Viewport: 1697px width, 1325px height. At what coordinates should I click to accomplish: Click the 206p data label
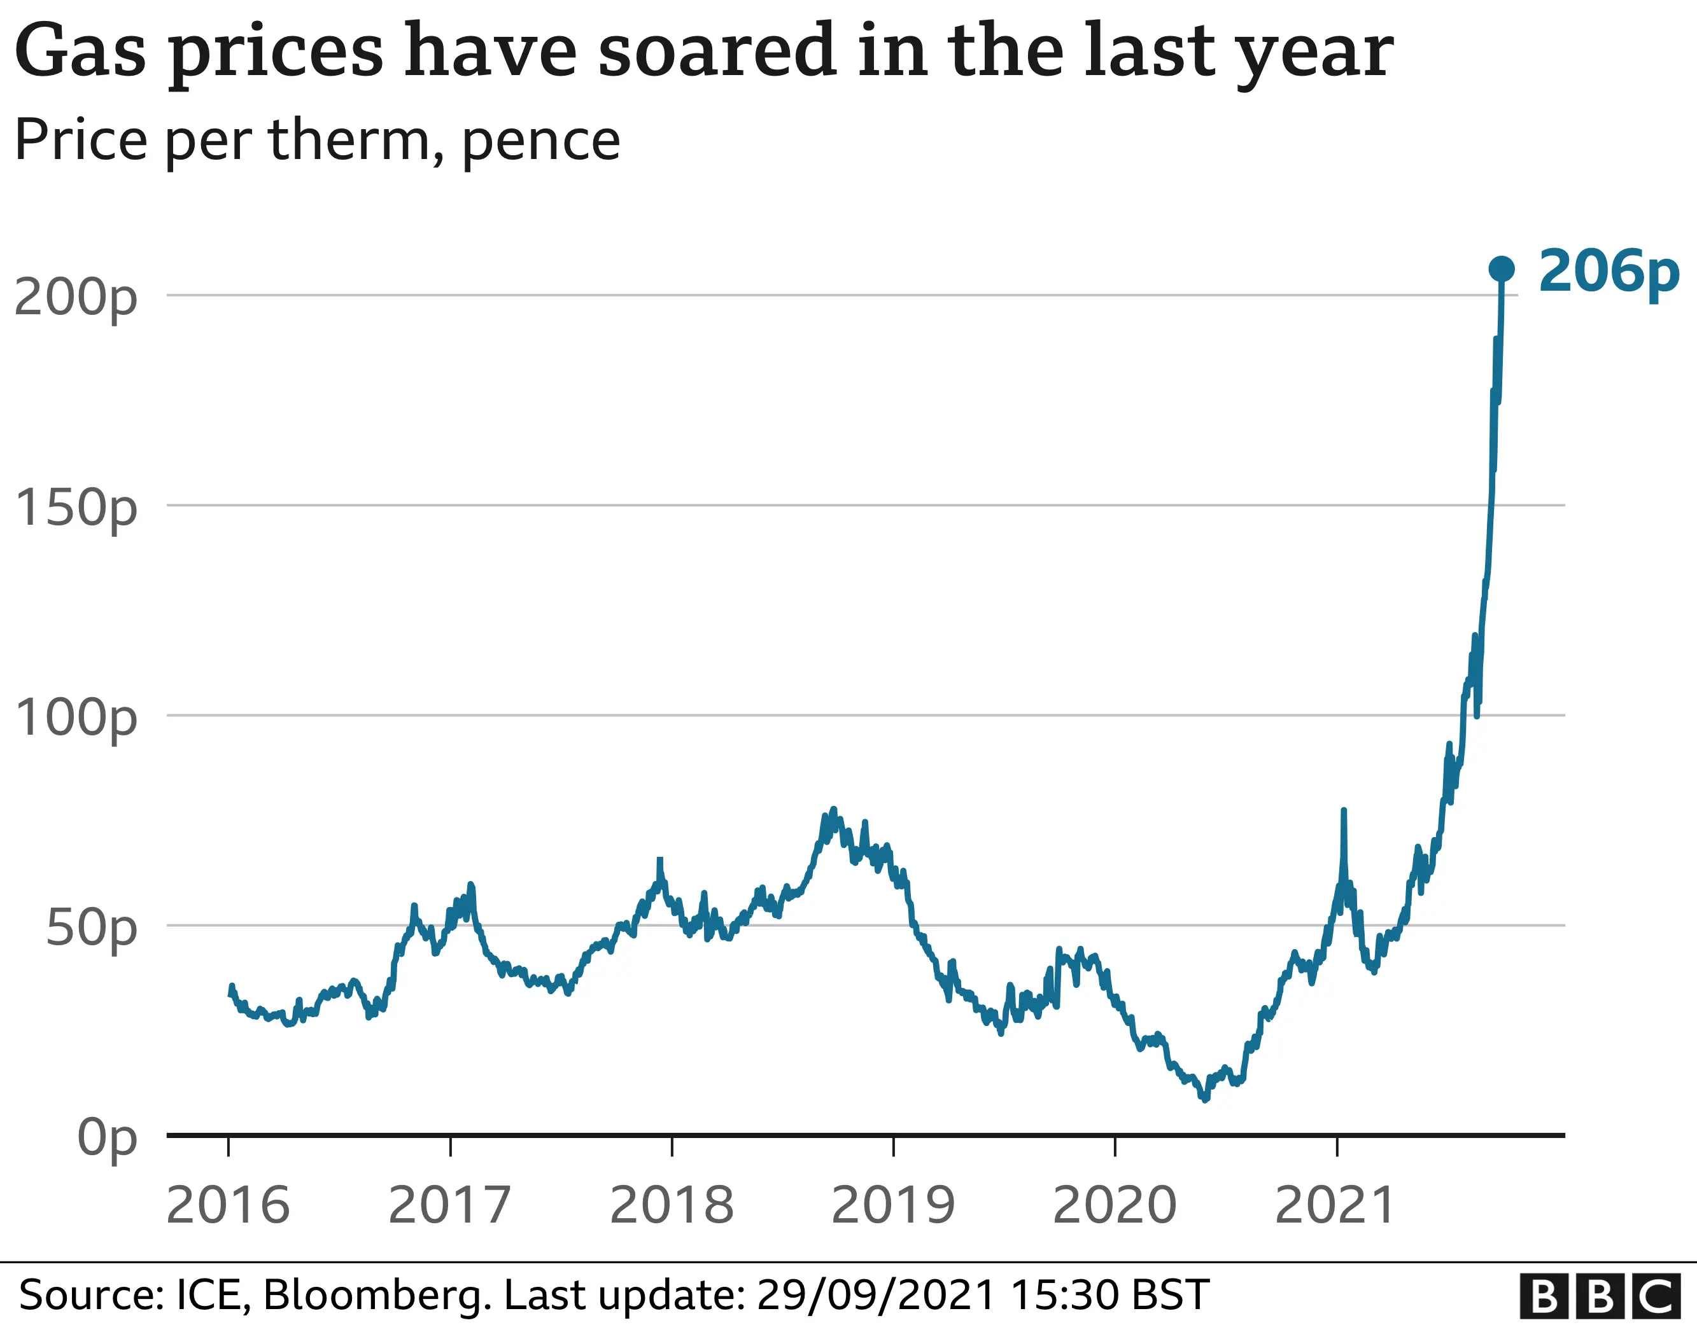coord(1609,271)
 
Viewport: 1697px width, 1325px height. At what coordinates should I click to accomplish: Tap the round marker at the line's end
coord(1501,268)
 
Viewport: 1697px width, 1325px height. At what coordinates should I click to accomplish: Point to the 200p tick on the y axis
coord(75,296)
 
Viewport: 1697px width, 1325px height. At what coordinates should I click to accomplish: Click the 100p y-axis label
coord(75,717)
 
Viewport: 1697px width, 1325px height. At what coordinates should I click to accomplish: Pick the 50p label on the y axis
coord(91,927)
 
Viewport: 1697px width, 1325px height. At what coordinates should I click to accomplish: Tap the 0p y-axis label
coord(106,1138)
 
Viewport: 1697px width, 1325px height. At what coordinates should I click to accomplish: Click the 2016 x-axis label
coord(228,1205)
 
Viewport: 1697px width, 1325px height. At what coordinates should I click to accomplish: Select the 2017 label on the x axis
coord(449,1205)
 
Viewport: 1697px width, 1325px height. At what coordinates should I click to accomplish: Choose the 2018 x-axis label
coord(672,1205)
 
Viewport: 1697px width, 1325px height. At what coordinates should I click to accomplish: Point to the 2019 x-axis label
coord(893,1205)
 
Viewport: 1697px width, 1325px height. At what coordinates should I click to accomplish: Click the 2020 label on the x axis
coord(1114,1205)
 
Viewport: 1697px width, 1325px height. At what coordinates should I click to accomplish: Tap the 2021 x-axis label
coord(1335,1205)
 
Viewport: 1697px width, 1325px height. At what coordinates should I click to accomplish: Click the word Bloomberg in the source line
coord(376,1294)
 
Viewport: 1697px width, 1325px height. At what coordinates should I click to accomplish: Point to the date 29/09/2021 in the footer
coord(876,1294)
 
